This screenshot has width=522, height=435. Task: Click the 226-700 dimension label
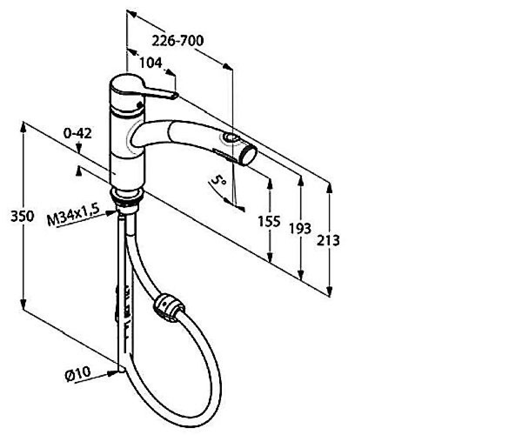178,41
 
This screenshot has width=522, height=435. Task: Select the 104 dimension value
151,63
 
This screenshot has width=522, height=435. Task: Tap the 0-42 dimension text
77,133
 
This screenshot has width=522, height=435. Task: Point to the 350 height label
22,217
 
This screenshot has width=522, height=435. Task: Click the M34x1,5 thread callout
73,215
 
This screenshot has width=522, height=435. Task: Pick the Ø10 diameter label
77,374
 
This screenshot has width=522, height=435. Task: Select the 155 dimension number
269,221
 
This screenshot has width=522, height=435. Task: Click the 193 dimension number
300,228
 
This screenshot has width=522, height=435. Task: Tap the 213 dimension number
328,241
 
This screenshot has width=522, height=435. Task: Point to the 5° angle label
218,180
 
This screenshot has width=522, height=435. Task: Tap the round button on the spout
229,138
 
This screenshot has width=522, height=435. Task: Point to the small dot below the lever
140,104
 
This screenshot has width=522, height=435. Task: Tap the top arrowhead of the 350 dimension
23,128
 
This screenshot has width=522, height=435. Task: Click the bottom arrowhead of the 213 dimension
329,291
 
